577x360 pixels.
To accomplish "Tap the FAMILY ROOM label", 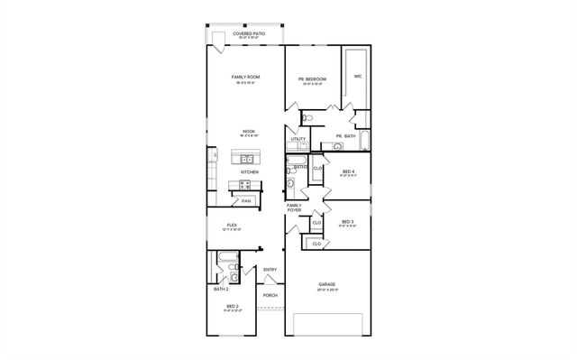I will click(246, 78).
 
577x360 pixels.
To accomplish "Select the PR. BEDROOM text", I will click(312, 79).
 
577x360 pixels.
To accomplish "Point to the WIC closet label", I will click(358, 76).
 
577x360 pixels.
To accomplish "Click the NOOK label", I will click(249, 131).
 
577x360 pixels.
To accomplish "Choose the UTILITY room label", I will click(298, 139).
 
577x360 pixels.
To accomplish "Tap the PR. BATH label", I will click(346, 136).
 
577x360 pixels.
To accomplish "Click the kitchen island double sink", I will click(245, 159).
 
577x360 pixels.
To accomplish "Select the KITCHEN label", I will click(250, 172).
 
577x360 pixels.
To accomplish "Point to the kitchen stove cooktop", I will click(243, 186).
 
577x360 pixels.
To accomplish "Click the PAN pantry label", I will click(245, 201).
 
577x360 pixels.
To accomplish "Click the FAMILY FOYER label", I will click(294, 208).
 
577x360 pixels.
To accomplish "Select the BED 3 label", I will click(348, 222).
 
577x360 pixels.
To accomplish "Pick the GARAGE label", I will click(326, 284).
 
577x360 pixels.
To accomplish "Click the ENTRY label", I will click(270, 270).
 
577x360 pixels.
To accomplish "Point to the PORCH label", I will click(270, 295).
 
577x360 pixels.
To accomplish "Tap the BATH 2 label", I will click(221, 290).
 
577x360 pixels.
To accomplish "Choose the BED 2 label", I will click(232, 307).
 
